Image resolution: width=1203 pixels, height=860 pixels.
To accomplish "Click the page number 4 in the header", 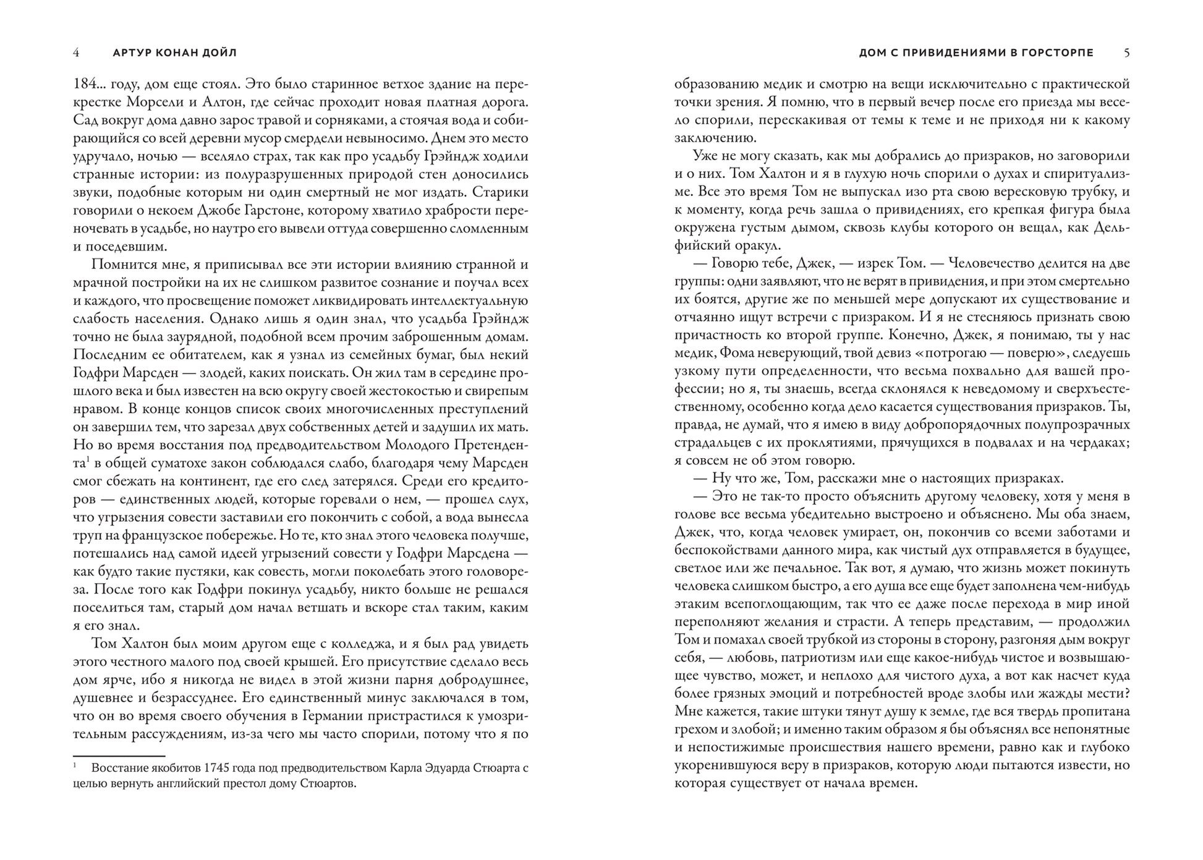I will pyautogui.click(x=76, y=53).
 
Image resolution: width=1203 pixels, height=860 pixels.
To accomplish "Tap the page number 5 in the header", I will pyautogui.click(x=1126, y=53).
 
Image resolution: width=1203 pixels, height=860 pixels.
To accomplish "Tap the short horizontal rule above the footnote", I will pyautogui.click(x=119, y=756).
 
